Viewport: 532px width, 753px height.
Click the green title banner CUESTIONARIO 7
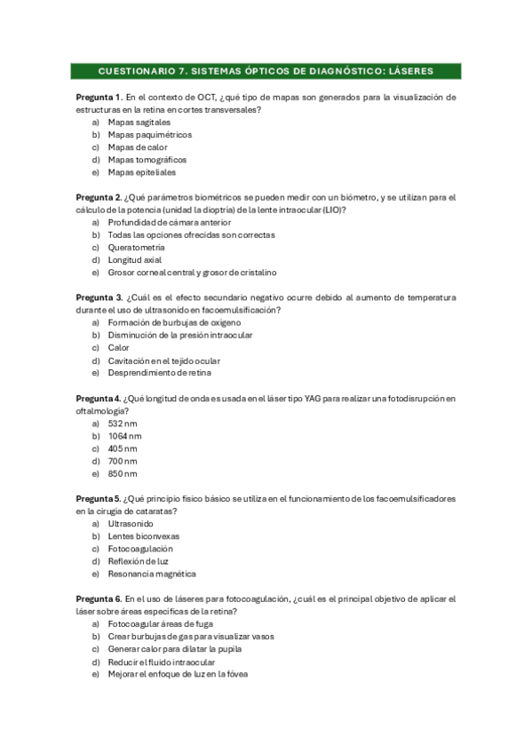tap(266, 70)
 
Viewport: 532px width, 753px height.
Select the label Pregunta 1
tap(99, 96)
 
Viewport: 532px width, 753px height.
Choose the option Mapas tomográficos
tap(147, 160)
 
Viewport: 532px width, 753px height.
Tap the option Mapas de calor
tap(137, 147)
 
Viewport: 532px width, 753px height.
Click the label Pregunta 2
tap(99, 197)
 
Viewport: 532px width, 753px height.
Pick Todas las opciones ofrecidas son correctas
tap(191, 235)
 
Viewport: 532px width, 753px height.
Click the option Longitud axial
tap(134, 260)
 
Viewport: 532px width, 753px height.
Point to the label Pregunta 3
tap(99, 297)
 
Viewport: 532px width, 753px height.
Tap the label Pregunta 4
tap(99, 399)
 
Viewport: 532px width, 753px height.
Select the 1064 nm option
tap(124, 437)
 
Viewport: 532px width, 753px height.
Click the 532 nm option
tap(123, 424)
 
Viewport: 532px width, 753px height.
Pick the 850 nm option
tap(123, 474)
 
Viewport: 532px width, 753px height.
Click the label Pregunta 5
tap(99, 499)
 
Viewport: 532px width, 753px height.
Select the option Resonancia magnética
tap(152, 575)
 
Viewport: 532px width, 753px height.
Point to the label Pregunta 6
tap(99, 599)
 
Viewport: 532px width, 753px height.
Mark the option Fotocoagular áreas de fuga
tap(160, 624)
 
